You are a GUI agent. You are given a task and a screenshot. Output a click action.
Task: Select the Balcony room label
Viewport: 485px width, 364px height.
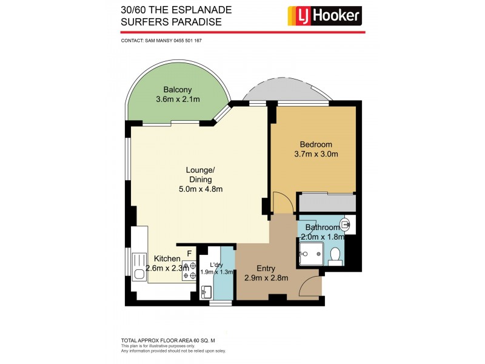[173, 90]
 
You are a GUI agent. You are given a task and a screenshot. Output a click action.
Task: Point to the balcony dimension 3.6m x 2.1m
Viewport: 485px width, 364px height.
[178, 99]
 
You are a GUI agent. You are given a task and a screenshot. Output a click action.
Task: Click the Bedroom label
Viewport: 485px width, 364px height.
[316, 144]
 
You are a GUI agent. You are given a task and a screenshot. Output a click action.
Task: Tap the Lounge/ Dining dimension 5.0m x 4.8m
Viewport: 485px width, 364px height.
[200, 189]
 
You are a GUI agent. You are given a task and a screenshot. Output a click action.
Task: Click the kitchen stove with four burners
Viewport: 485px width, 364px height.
[189, 270]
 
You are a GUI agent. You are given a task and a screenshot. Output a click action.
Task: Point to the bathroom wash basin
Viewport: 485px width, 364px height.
[346, 225]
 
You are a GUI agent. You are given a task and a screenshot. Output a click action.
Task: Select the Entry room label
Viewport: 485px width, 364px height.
[266, 268]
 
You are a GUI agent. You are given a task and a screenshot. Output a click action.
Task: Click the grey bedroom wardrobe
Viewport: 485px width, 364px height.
[326, 202]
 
